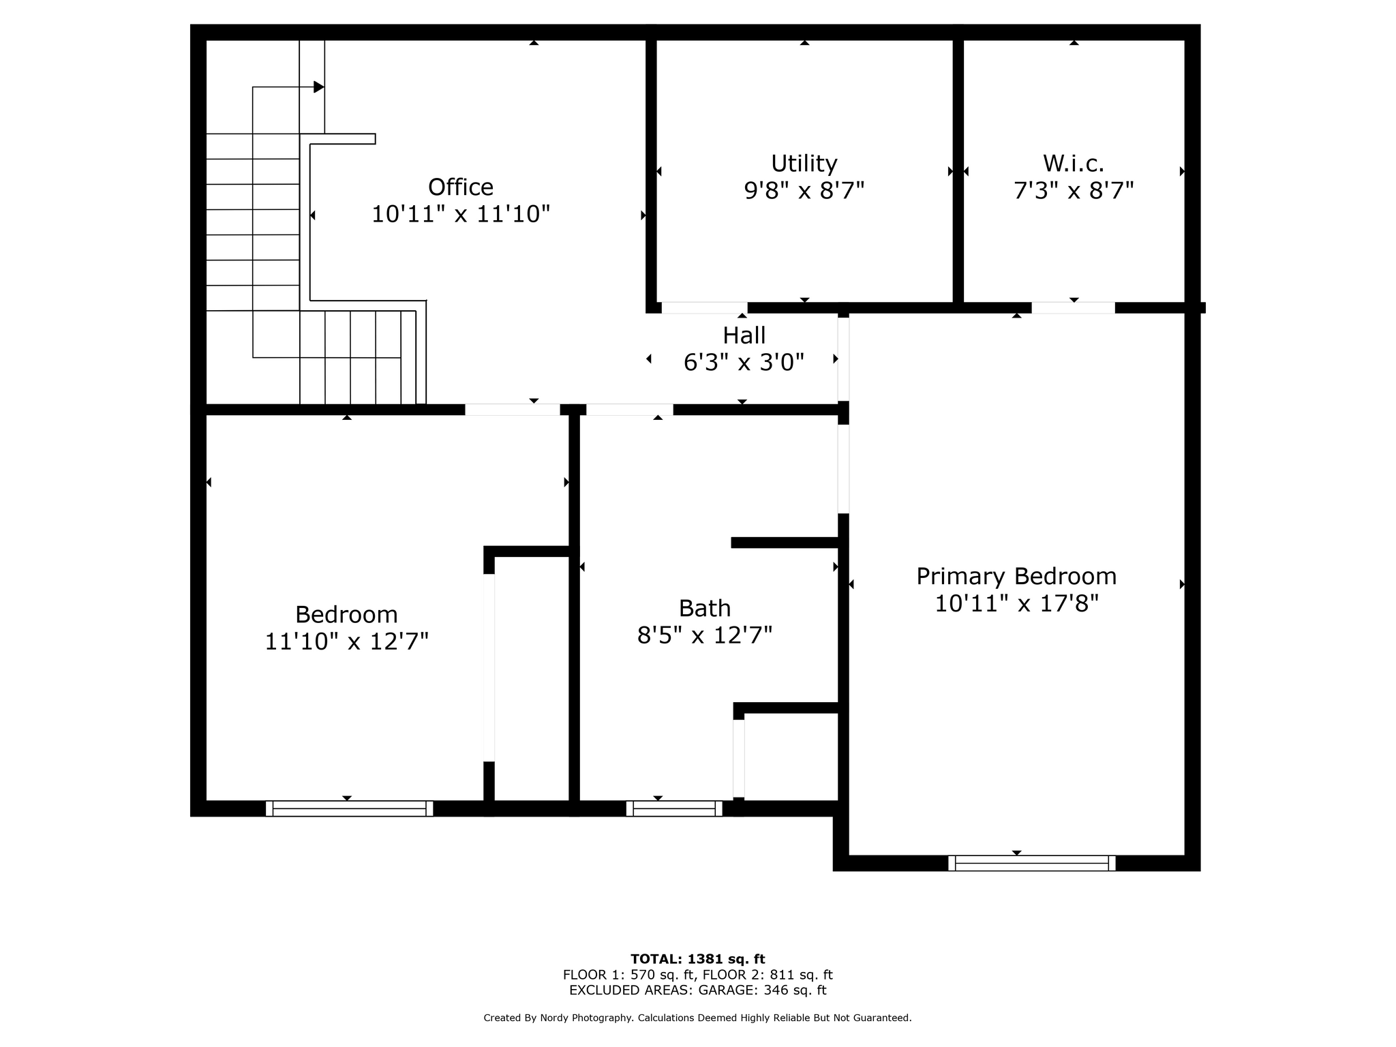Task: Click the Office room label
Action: pyautogui.click(x=461, y=187)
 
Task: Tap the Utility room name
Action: pyautogui.click(x=804, y=164)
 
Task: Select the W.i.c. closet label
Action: pyautogui.click(x=1074, y=164)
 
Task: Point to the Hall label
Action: pyautogui.click(x=744, y=335)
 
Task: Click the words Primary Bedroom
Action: pyautogui.click(x=1016, y=577)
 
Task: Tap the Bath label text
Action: pyautogui.click(x=705, y=608)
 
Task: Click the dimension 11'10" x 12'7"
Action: pyautogui.click(x=346, y=641)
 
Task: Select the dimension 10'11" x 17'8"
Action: pyautogui.click(x=1016, y=604)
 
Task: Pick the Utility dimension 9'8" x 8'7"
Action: pyautogui.click(x=804, y=191)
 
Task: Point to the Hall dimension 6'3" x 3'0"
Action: pyautogui.click(x=744, y=363)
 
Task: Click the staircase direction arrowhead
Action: pyautogui.click(x=318, y=87)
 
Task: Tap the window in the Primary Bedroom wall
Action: pyautogui.click(x=1032, y=863)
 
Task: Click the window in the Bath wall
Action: pyautogui.click(x=674, y=808)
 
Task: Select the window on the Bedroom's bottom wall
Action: pyautogui.click(x=349, y=808)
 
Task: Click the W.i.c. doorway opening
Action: pyautogui.click(x=1074, y=308)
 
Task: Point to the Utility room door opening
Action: pyautogui.click(x=705, y=308)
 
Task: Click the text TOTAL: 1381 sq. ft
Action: pyautogui.click(x=698, y=960)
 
